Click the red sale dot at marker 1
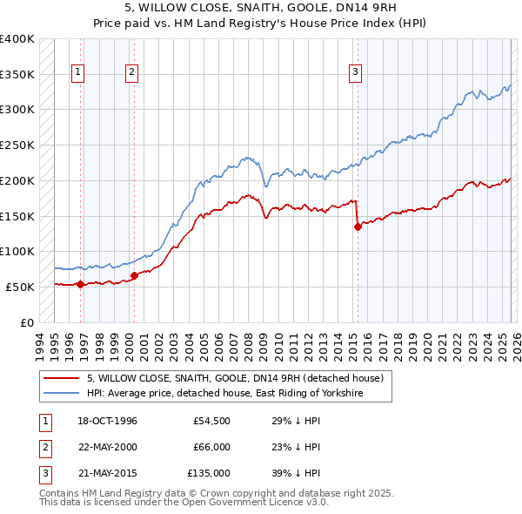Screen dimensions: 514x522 80,283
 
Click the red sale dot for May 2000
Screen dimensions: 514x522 134,275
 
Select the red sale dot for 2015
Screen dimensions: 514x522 358,227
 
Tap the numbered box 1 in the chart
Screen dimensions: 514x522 79,72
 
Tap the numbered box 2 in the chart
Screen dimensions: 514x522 132,72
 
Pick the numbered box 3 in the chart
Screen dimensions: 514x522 356,72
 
